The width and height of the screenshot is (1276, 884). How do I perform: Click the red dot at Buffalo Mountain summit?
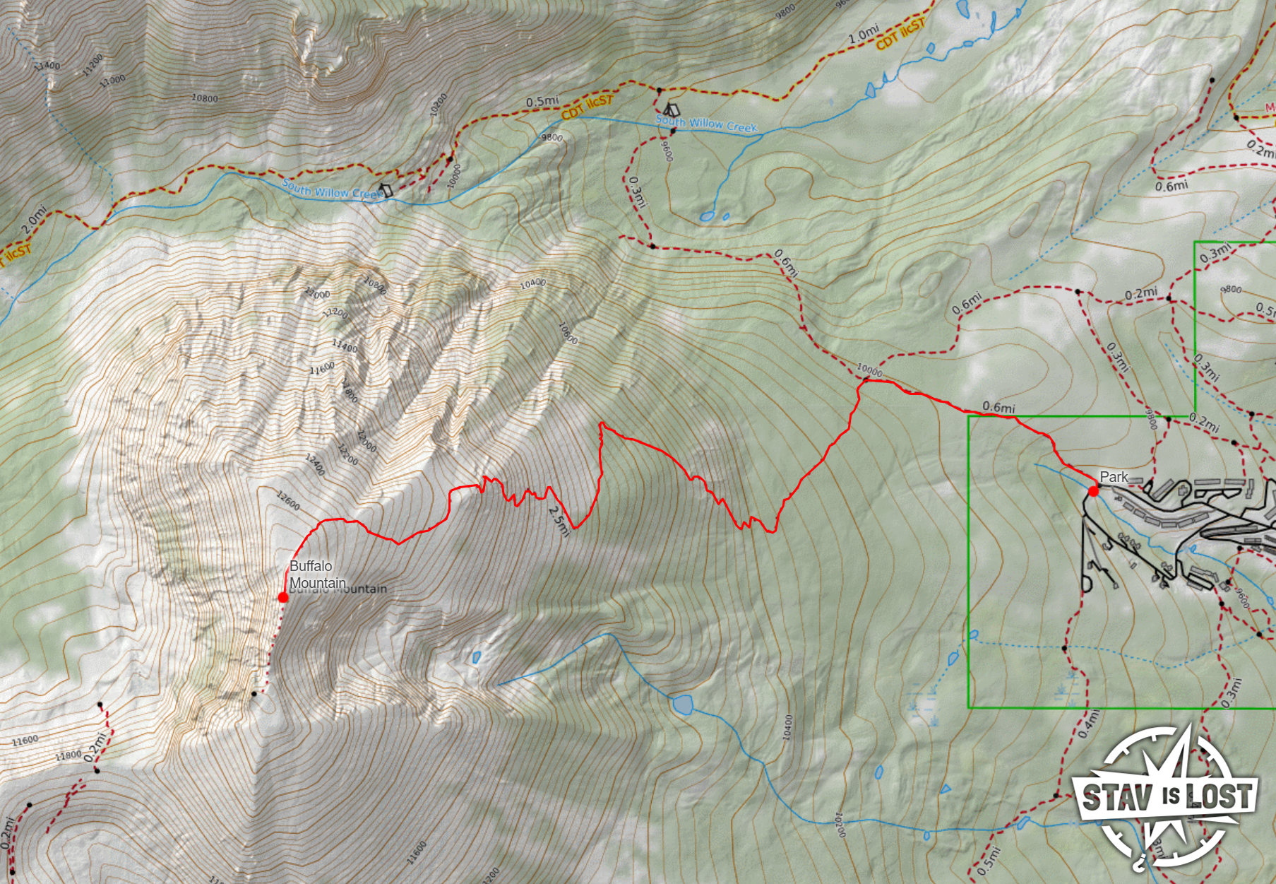283,597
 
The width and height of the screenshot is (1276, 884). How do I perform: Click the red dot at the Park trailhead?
1093,491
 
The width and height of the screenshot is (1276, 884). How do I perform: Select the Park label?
1114,477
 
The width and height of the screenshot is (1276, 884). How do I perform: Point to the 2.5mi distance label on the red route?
559,521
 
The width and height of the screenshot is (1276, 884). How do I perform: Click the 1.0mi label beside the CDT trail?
863,34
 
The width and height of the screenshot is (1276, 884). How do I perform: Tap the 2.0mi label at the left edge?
33,220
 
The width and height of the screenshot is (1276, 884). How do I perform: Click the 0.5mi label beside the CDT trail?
542,101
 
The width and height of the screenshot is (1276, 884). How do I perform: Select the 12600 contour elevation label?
288,501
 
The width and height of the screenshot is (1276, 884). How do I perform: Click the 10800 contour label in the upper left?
205,98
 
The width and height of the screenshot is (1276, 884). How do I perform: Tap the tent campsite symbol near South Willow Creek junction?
671,110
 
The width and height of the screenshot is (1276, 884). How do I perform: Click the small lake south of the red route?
682,705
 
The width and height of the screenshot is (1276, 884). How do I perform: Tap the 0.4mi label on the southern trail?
1089,724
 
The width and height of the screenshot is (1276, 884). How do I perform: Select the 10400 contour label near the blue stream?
789,727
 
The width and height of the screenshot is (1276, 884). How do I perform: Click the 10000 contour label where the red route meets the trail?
869,370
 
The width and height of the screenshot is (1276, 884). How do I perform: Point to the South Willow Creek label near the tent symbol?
706,124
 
